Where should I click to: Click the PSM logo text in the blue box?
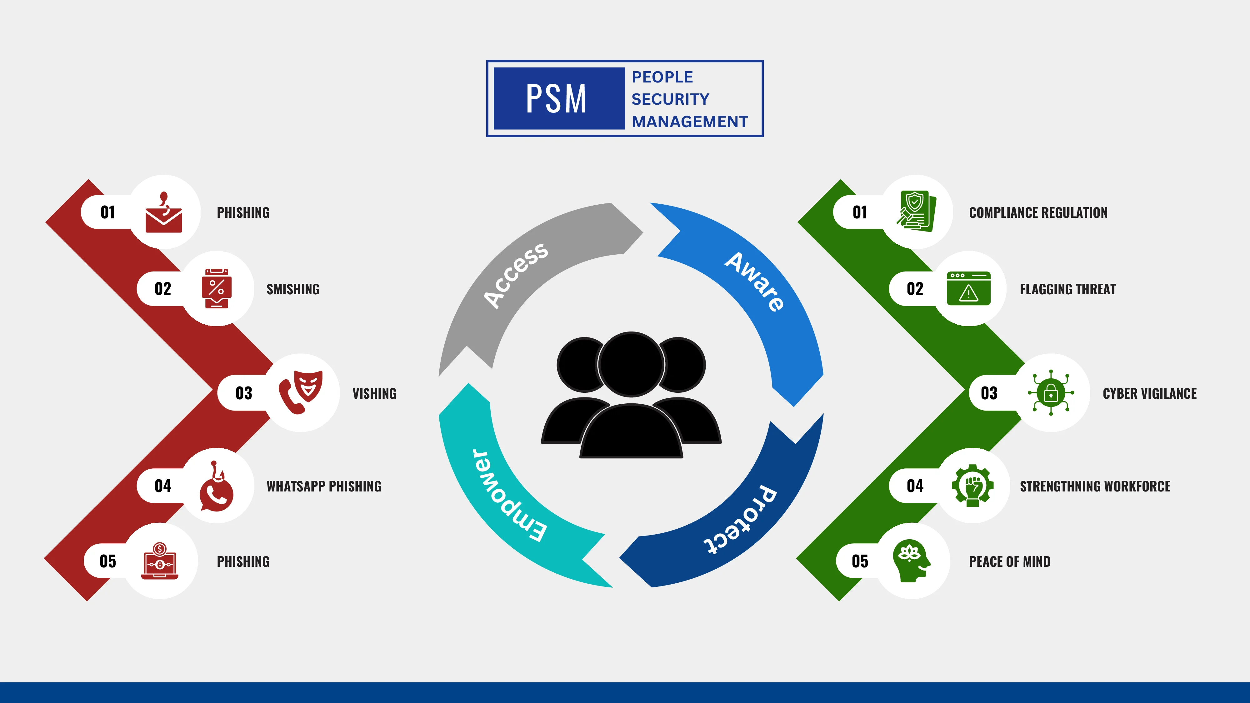click(x=556, y=99)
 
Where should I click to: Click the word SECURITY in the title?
click(x=670, y=99)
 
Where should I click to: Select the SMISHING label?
click(x=293, y=289)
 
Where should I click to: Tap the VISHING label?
click(x=374, y=393)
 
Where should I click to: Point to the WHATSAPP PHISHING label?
click(x=324, y=486)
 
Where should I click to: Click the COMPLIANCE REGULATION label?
click(x=1038, y=212)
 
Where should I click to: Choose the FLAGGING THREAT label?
click(x=1067, y=289)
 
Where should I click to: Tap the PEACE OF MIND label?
click(x=1009, y=561)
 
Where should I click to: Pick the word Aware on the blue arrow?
click(x=755, y=282)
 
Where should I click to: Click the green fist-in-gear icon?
click(x=972, y=486)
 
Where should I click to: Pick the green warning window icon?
click(x=968, y=288)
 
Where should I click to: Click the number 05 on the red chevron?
click(x=108, y=561)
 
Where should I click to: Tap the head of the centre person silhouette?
click(x=631, y=364)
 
